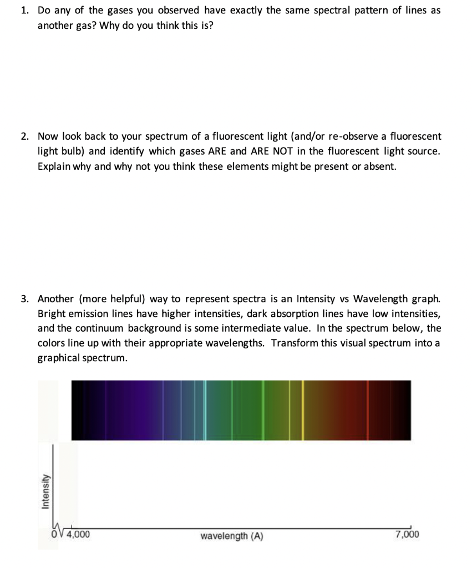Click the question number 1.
click(25, 11)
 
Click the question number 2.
click(25, 136)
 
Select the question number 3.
click(25, 298)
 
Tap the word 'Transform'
click(295, 343)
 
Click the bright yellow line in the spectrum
click(303, 410)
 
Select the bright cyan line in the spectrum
click(205, 410)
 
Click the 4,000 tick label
click(78, 535)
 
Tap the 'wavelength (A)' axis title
click(232, 536)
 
